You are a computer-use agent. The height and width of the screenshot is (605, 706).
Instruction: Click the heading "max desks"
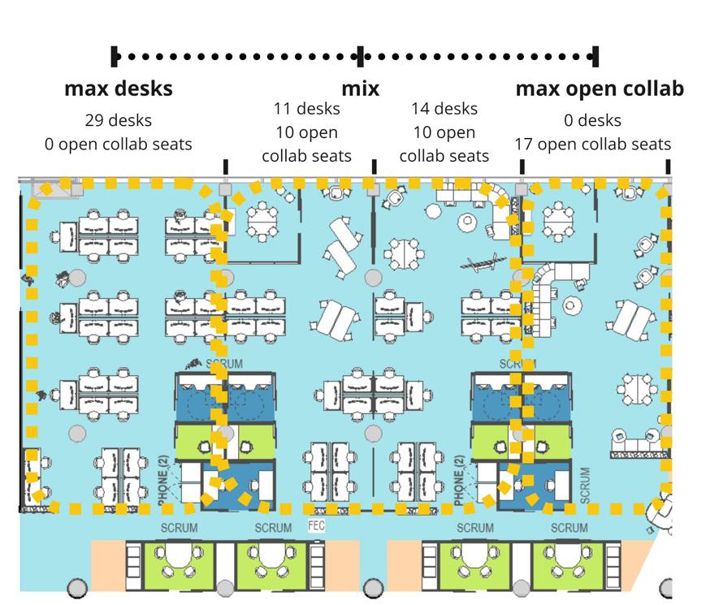pyautogui.click(x=118, y=88)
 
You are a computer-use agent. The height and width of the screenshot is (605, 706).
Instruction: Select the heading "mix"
pyautogui.click(x=360, y=88)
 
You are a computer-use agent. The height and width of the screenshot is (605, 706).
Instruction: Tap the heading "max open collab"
pyautogui.click(x=599, y=88)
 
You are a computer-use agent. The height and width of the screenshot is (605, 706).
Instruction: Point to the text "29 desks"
pyautogui.click(x=118, y=120)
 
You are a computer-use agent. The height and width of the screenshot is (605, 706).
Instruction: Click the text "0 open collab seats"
pyautogui.click(x=118, y=144)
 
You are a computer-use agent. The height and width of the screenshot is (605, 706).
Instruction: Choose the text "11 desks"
pyautogui.click(x=306, y=109)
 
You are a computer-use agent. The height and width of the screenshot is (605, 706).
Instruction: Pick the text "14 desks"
pyautogui.click(x=444, y=109)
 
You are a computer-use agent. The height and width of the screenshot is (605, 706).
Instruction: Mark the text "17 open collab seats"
pyautogui.click(x=592, y=144)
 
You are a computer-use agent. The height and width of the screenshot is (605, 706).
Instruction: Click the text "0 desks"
pyautogui.click(x=592, y=120)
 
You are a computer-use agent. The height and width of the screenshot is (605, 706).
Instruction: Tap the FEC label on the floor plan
pyautogui.click(x=317, y=525)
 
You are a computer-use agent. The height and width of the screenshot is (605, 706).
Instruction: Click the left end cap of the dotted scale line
pyautogui.click(x=115, y=56)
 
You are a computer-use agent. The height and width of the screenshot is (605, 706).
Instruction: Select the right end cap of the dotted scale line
pyautogui.click(x=596, y=56)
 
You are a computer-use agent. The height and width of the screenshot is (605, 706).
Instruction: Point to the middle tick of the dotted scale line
pyautogui.click(x=361, y=56)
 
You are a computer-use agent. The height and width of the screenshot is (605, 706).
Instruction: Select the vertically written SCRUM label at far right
pyautogui.click(x=586, y=482)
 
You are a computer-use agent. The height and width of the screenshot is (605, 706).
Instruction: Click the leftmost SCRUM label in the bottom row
pyautogui.click(x=179, y=528)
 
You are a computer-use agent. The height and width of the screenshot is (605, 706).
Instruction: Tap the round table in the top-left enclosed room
pyautogui.click(x=262, y=218)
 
